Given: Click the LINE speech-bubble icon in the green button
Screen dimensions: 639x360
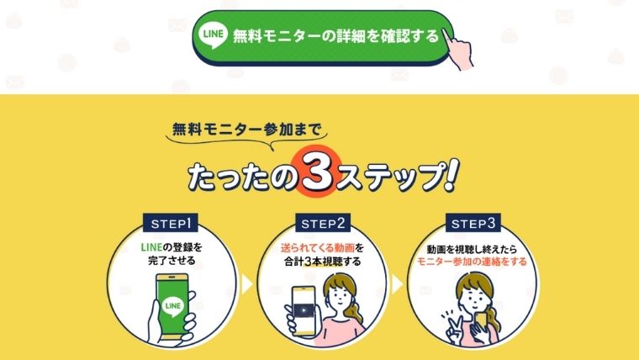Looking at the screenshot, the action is click(x=213, y=34).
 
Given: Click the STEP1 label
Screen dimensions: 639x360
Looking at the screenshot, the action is click(x=171, y=223).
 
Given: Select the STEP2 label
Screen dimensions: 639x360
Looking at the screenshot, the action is click(x=323, y=223).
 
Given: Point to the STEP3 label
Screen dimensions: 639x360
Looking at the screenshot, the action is click(x=473, y=223).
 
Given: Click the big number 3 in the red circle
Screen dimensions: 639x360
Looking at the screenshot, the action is click(x=318, y=173).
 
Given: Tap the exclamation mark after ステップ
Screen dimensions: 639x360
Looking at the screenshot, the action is click(x=452, y=175).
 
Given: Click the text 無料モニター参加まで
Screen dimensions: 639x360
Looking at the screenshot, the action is click(x=247, y=130).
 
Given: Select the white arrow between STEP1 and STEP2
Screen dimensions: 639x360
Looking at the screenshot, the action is click(x=247, y=283).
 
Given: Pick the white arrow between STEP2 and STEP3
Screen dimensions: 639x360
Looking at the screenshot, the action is click(x=397, y=283).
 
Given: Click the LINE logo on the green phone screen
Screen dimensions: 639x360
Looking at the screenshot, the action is click(x=173, y=306).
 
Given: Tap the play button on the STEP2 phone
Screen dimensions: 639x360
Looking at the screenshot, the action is click(x=304, y=310).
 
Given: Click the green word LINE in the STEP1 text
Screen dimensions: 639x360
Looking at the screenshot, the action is click(x=151, y=247).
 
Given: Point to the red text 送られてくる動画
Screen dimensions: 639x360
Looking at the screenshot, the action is click(x=318, y=247).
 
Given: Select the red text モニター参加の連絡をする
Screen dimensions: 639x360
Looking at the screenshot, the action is click(x=473, y=262).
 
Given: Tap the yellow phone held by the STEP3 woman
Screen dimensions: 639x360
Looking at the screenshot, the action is click(x=482, y=320).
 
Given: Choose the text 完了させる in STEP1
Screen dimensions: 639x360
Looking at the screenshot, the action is click(x=172, y=260).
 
